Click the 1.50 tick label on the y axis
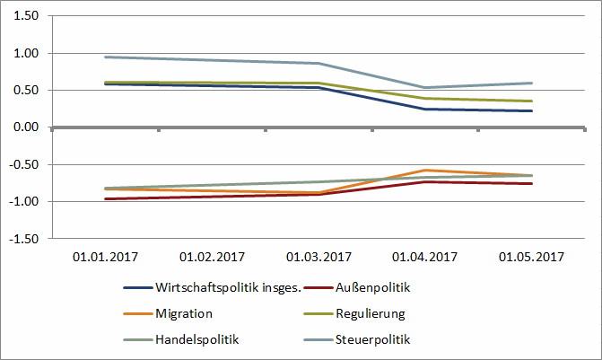click(26, 16)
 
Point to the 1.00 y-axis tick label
click(26, 53)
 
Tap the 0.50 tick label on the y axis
click(26, 91)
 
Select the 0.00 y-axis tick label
click(26, 127)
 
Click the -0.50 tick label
click(24, 164)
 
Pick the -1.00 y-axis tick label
click(24, 201)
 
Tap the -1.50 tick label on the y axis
click(24, 239)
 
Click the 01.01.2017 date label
click(105, 257)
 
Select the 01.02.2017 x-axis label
click(212, 257)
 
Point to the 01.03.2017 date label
click(318, 257)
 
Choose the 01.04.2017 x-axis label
click(424, 257)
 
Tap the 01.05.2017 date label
click(531, 257)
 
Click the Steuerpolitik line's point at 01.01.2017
click(106, 57)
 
